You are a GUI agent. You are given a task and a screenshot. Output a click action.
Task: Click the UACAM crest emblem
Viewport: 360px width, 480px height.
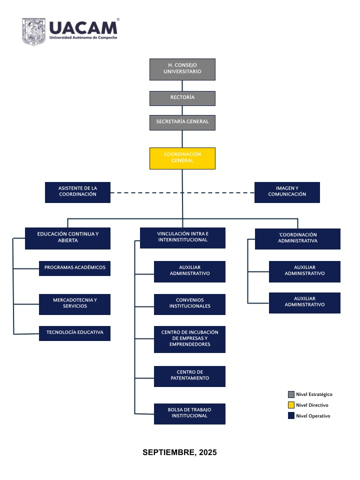click(33, 31)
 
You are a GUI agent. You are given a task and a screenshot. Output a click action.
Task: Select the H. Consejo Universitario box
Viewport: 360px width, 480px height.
click(182, 69)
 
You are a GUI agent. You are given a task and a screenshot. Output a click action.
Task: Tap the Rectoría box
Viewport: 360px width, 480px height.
click(182, 98)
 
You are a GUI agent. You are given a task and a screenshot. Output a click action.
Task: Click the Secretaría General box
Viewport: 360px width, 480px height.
click(182, 122)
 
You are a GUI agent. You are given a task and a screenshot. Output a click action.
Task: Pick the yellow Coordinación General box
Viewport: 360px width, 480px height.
click(182, 158)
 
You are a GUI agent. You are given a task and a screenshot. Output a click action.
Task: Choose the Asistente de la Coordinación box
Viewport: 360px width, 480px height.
click(78, 192)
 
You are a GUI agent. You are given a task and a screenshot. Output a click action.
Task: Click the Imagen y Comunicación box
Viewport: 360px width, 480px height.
click(287, 192)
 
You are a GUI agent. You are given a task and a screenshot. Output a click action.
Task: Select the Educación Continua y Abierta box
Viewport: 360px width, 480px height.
click(67, 238)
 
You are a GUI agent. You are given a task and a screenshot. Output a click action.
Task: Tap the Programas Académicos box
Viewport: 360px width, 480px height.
click(74, 268)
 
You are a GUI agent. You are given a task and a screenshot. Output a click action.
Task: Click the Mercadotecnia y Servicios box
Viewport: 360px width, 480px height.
click(74, 304)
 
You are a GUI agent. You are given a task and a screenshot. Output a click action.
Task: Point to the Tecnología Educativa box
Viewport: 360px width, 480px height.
click(74, 333)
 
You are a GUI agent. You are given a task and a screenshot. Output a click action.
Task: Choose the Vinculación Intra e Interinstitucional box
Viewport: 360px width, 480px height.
click(183, 238)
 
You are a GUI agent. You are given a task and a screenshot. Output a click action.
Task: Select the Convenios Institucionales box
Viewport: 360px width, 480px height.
click(190, 304)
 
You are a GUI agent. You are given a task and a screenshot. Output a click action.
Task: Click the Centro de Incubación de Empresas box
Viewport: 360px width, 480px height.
click(190, 339)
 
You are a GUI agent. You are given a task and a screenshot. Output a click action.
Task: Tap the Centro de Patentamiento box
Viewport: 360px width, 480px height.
click(190, 376)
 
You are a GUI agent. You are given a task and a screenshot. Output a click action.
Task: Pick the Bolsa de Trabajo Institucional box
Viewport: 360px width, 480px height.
click(190, 414)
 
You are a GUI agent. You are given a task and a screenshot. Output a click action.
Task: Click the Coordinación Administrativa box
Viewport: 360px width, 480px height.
click(297, 239)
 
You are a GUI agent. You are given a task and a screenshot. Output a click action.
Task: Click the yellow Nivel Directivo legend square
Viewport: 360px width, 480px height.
click(291, 405)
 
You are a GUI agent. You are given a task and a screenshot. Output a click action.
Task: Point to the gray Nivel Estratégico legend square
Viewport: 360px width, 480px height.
click(291, 394)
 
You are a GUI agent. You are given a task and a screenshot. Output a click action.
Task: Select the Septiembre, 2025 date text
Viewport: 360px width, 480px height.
click(179, 452)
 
